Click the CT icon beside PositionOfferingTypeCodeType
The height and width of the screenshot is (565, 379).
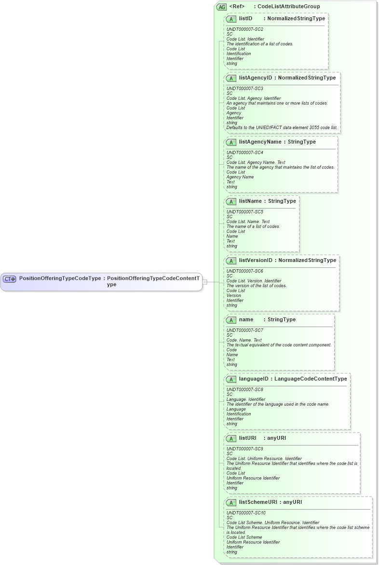point(10,279)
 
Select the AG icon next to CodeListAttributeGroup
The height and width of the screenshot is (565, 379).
point(221,7)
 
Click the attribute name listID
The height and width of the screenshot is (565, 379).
point(245,19)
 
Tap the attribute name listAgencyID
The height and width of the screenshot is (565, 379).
point(256,78)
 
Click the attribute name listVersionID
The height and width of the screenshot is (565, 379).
point(256,261)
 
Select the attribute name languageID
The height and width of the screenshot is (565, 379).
point(254,379)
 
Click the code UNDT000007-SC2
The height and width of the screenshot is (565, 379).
point(245,29)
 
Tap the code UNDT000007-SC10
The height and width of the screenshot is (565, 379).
point(246,513)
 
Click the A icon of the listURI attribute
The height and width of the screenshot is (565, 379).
point(231,438)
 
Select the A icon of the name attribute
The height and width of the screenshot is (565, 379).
point(231,320)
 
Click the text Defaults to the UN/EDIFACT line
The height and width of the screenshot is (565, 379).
point(282,128)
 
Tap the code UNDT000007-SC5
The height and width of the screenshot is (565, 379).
point(245,211)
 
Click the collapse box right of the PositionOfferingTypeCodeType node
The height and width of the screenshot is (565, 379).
point(205,282)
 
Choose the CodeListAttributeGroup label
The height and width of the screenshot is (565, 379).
point(289,6)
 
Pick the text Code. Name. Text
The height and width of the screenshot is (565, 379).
point(244,340)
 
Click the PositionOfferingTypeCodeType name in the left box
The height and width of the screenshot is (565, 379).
point(60,278)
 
